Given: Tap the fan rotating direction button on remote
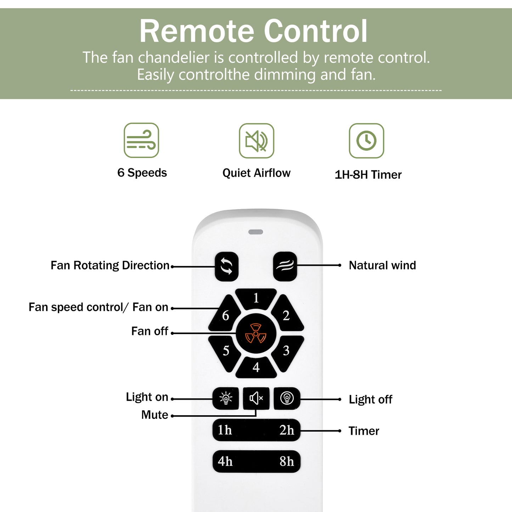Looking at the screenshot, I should [226, 266].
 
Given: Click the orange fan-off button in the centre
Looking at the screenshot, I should [256, 333].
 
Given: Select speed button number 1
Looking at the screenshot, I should [256, 298].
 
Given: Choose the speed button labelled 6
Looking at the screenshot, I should [225, 315].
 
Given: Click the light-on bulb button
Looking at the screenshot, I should [226, 398].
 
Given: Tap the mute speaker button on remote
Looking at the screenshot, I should [256, 398].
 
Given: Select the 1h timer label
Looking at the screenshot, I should [225, 430].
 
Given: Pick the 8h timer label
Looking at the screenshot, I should [287, 461].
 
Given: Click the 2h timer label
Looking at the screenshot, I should [287, 430].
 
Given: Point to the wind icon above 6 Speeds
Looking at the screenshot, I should [141, 140].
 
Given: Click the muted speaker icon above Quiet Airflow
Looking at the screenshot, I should [257, 141].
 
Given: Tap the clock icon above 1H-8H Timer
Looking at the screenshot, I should [366, 141].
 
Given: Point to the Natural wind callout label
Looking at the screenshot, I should [382, 265].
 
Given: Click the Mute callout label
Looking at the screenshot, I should [154, 415].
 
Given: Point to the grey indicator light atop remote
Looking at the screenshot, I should [256, 232].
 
